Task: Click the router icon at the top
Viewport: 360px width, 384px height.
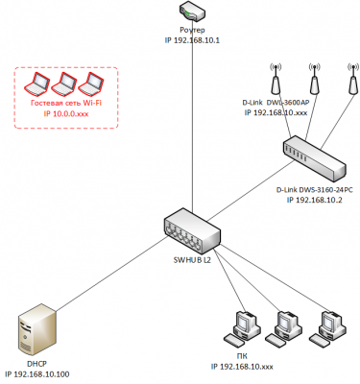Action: point(192,12)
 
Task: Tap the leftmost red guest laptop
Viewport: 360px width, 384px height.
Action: point(37,84)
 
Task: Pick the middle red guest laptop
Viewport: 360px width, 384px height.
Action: point(64,84)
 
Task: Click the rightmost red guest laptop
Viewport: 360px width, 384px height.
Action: point(90,84)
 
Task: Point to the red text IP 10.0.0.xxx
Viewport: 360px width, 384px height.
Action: point(66,114)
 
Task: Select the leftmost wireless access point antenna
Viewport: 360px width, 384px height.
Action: point(276,79)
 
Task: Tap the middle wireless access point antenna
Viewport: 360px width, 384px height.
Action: point(314,79)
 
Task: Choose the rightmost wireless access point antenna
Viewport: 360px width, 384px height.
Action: point(353,79)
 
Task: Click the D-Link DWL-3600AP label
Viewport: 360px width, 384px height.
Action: point(276,103)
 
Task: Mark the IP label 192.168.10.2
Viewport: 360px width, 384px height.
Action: point(314,201)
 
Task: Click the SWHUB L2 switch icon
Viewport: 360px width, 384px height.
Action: point(192,230)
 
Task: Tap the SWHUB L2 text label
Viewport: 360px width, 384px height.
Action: point(192,260)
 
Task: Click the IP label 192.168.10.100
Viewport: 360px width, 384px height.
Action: point(37,374)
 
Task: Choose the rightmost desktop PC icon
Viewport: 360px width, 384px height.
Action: point(327,328)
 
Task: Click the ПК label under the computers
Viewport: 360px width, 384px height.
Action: point(243,356)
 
